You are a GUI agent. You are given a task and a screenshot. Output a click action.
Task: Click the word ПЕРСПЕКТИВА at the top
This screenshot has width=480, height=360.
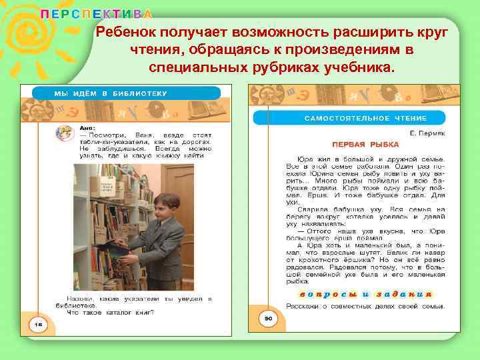tap(96, 14)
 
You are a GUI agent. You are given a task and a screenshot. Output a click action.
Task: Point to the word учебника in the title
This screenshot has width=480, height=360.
tap(360, 68)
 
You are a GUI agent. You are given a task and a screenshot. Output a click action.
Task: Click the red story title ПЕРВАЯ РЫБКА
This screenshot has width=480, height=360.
tap(365, 144)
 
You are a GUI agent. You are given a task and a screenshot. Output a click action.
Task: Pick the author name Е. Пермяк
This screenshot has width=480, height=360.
tap(427, 133)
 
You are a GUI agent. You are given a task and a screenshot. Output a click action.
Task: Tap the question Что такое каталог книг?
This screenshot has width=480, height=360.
tap(111, 312)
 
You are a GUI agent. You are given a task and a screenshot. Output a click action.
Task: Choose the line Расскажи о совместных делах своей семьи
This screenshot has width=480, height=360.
tap(365, 305)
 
